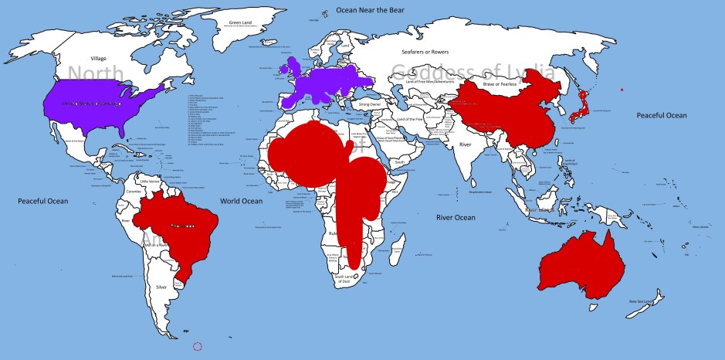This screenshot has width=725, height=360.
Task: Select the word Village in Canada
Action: coord(98,59)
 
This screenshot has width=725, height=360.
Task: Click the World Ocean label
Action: coord(242,201)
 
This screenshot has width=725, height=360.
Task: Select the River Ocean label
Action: coord(456,218)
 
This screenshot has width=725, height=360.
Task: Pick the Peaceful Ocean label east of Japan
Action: coord(661,115)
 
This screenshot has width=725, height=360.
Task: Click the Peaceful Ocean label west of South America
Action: coord(43,201)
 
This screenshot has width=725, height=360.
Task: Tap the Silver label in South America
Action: coord(161,287)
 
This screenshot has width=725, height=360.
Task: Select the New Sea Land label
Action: coord(641,301)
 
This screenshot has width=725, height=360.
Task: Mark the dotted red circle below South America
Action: coord(197,347)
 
